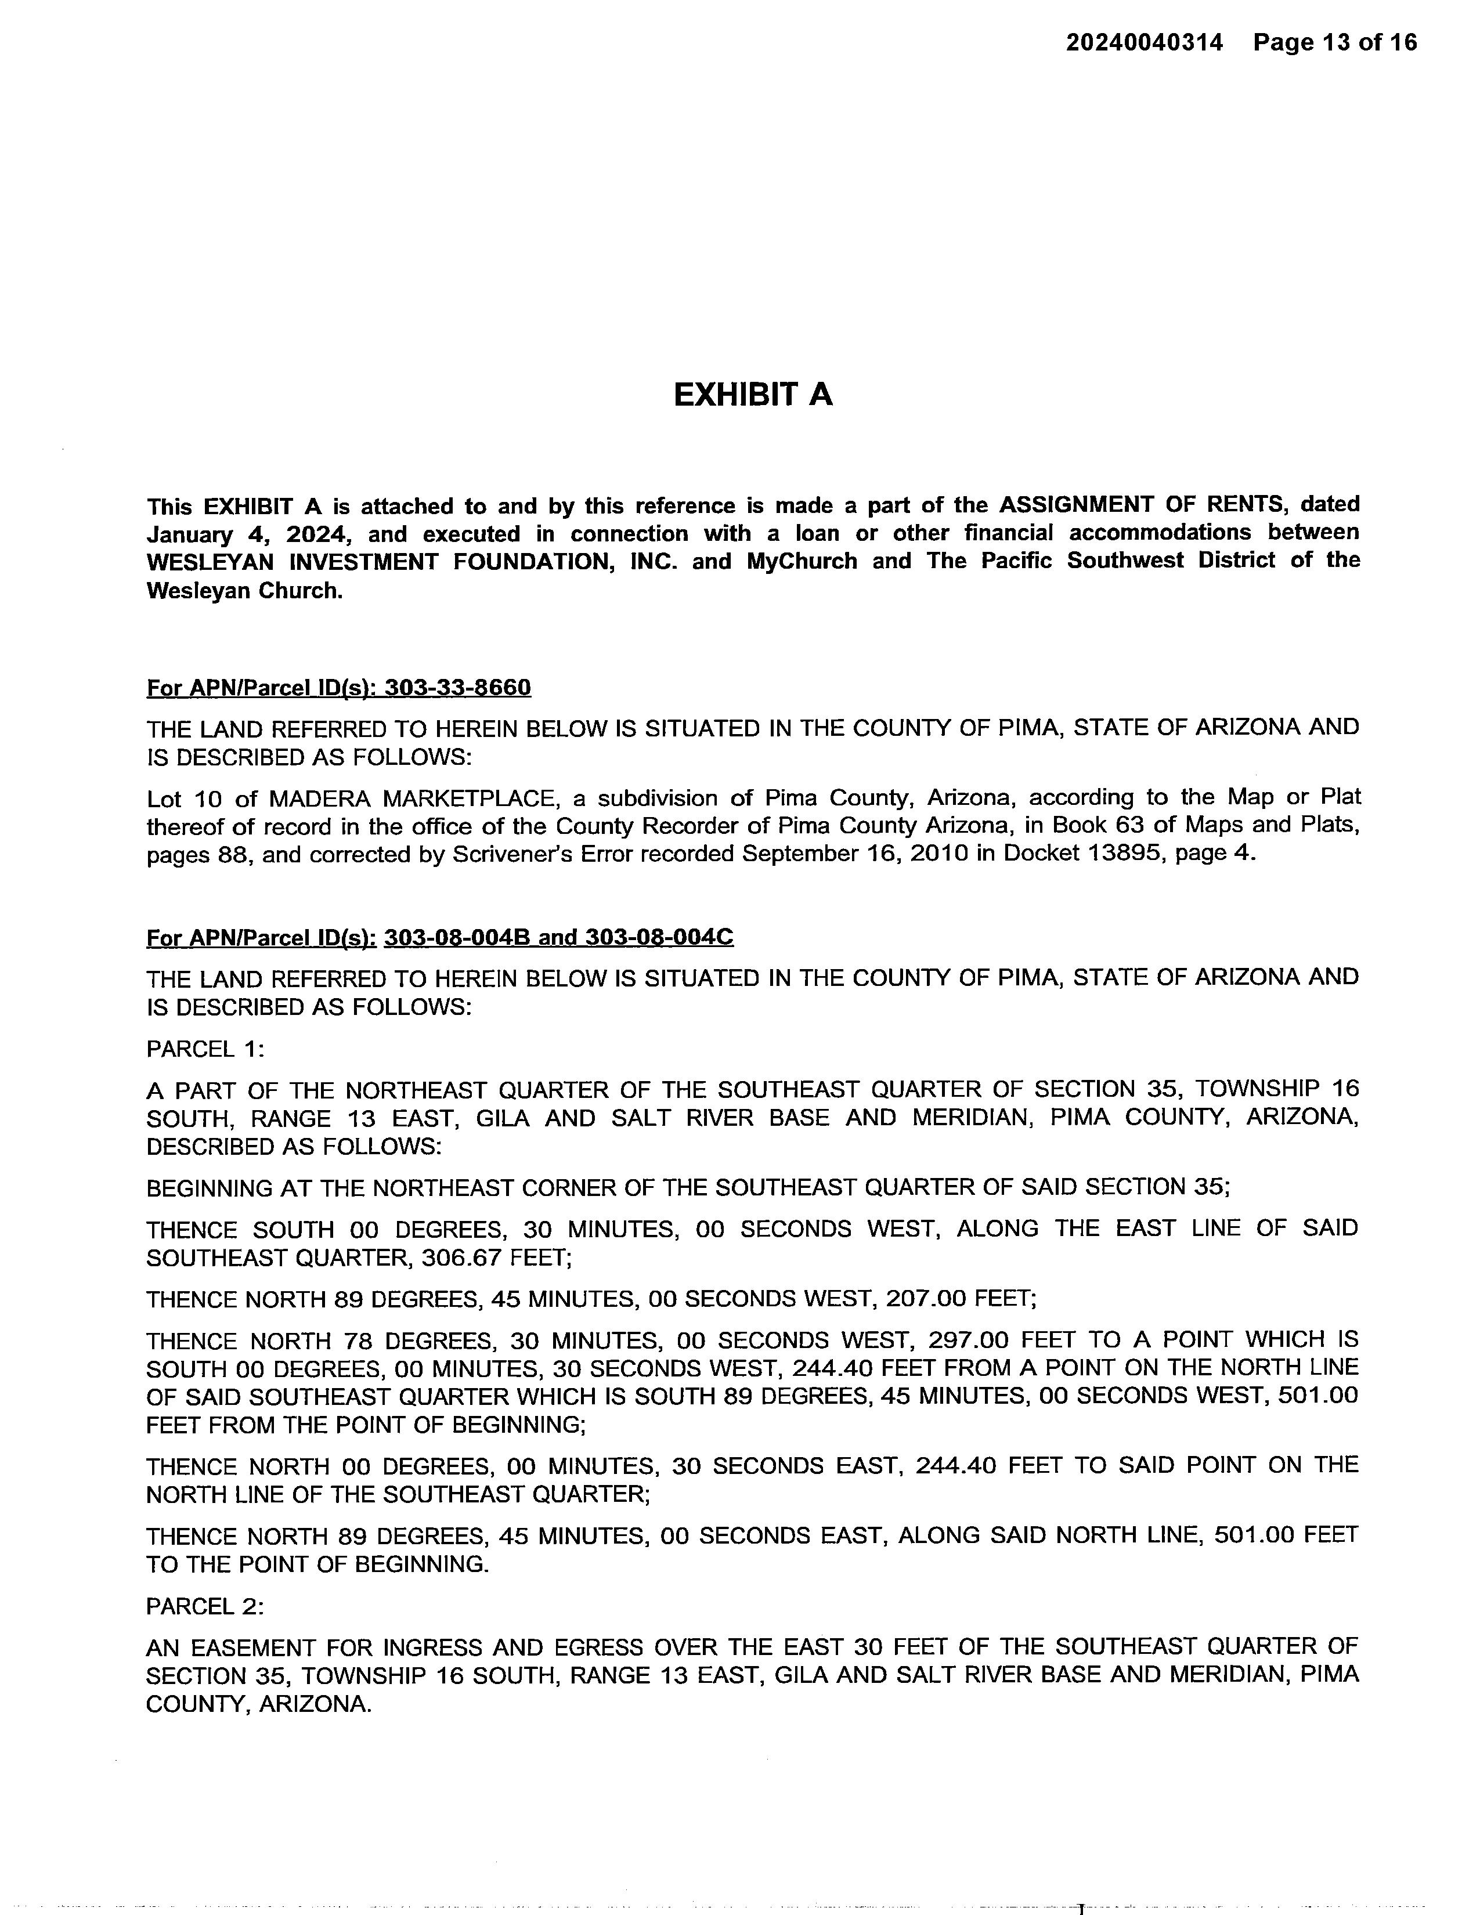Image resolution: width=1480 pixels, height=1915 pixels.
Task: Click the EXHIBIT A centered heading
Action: click(752, 395)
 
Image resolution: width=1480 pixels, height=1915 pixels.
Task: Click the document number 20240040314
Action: click(1143, 42)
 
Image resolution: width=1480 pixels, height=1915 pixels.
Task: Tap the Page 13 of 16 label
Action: click(1334, 42)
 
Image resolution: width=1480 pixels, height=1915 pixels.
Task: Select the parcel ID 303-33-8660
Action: click(458, 688)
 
